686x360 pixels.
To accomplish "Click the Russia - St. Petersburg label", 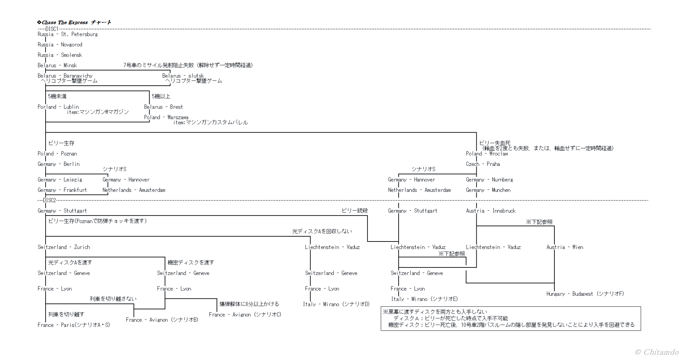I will click(67, 34).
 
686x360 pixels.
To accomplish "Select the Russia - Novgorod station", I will click(60, 45).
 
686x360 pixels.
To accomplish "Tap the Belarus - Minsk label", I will click(57, 65).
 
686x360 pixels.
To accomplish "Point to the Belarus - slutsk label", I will click(183, 76).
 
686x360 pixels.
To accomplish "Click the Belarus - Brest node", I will click(163, 107).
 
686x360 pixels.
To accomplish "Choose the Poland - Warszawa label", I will click(166, 117).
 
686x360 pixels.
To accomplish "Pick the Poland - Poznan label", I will click(57, 154).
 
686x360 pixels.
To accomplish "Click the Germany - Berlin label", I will click(58, 164).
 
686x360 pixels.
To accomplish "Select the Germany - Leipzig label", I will click(60, 180).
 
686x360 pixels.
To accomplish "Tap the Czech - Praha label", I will click(483, 164).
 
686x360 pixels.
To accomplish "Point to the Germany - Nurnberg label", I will click(489, 180).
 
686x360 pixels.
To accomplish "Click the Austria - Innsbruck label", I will click(490, 211).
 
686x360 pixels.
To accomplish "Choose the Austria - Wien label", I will click(565, 247).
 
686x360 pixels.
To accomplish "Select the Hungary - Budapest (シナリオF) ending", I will click(585, 294).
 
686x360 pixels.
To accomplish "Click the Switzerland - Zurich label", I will click(64, 247).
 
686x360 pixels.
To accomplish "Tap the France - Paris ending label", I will click(74, 325).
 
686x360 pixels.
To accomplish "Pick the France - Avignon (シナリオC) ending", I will click(245, 315).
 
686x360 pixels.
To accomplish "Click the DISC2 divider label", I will click(49, 200).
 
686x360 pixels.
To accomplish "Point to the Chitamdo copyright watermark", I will click(656, 352).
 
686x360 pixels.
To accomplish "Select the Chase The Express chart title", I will click(74, 22).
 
